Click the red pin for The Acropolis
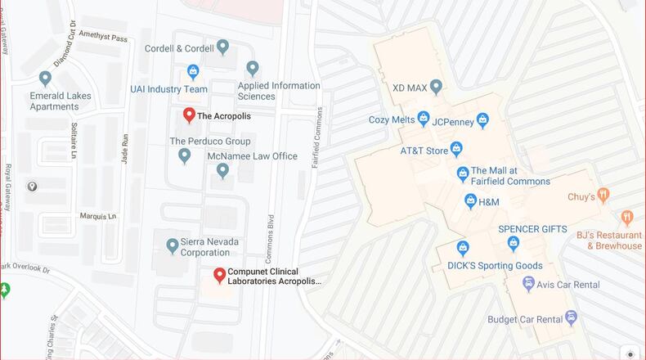189,115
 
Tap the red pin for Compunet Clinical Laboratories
219,275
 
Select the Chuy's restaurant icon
603,196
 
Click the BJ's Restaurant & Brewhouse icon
627,218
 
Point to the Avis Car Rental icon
529,284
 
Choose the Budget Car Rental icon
571,317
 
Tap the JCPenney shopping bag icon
482,121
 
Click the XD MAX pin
436,86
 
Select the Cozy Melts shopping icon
424,119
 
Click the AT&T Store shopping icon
456,149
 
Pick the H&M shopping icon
470,200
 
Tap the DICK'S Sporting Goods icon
463,247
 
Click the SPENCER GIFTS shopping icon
514,243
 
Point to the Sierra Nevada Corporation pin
172,245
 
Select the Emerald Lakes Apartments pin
45,79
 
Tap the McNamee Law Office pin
222,170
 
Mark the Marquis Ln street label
98,217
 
